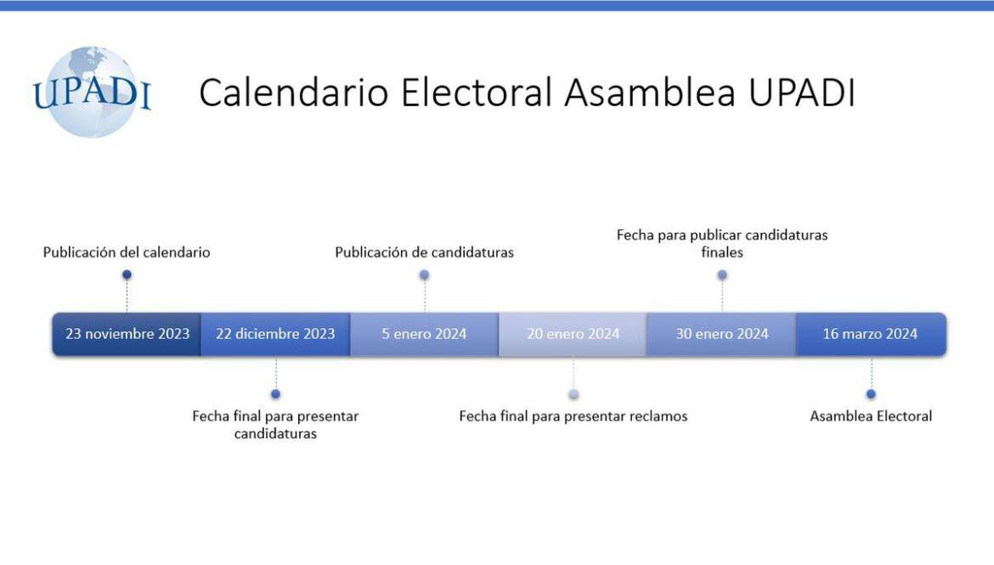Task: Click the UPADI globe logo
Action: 92,92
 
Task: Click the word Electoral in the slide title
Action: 477,93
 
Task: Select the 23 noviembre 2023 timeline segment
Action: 127,334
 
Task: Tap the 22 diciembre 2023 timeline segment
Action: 275,334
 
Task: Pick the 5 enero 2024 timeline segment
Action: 424,334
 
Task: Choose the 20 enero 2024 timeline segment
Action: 573,334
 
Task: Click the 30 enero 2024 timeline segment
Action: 721,334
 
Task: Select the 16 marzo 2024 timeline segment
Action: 870,334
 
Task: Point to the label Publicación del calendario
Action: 127,252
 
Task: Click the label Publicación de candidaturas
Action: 424,252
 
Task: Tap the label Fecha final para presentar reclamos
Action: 573,416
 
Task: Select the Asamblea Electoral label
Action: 871,416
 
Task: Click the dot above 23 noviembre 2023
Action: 127,274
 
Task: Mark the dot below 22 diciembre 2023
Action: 275,394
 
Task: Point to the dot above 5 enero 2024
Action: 424,274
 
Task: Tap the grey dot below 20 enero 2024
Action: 573,394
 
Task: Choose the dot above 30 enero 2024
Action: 722,274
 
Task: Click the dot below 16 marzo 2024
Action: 871,394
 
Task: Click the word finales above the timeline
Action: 722,252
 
